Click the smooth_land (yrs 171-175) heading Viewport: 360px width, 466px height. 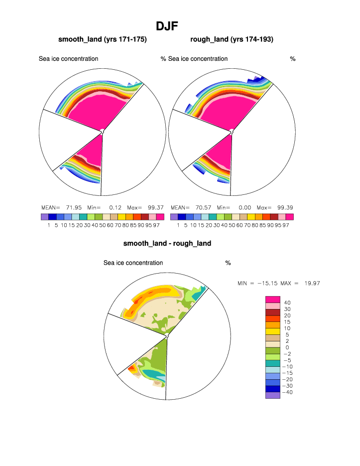(x=102, y=39)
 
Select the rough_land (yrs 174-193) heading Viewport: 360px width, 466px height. (x=232, y=39)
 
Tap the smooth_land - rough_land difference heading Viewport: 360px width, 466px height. (x=167, y=243)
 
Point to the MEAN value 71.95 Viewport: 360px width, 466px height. (x=76, y=207)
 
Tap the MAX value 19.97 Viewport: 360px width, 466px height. (x=309, y=283)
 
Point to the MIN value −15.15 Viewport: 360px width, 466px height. (x=268, y=283)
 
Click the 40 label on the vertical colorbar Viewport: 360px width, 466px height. (x=287, y=303)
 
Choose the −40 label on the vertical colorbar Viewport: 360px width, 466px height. (x=288, y=392)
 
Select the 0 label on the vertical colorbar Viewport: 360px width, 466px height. (x=287, y=347)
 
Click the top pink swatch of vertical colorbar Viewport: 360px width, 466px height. (x=272, y=299)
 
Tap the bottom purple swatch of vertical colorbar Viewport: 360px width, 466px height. (x=272, y=395)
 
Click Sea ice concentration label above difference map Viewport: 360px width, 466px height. (x=133, y=263)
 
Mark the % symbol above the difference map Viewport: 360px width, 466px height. (x=228, y=263)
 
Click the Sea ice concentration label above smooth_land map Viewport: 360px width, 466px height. (x=68, y=59)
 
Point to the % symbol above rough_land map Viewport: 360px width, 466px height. (x=293, y=59)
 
